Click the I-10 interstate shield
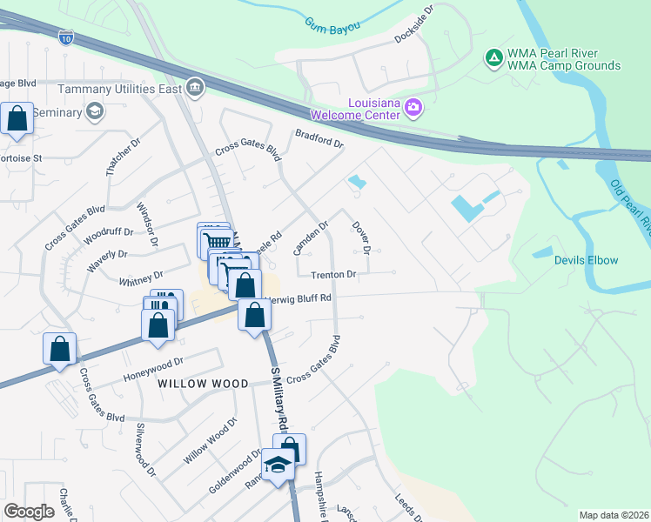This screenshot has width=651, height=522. click(67, 37)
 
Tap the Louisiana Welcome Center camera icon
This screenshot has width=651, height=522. click(413, 109)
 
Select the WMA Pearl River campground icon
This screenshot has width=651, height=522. click(493, 57)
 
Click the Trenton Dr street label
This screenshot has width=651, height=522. click(334, 275)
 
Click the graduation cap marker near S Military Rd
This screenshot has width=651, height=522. click(279, 466)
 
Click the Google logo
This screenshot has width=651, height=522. click(30, 512)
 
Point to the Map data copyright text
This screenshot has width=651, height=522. click(614, 515)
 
